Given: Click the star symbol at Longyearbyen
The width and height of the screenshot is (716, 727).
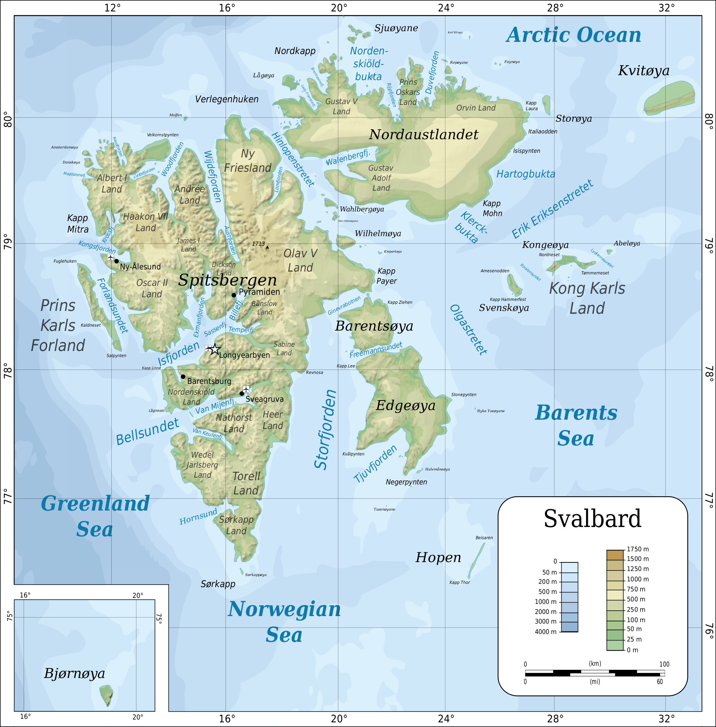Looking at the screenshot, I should (x=214, y=349).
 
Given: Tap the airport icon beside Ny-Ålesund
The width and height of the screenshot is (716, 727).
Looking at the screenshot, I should (x=110, y=257).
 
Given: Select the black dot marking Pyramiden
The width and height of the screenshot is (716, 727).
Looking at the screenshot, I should (x=233, y=295).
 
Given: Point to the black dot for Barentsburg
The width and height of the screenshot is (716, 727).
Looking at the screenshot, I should (x=183, y=377).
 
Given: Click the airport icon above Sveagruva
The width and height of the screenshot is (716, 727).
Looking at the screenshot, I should (x=246, y=389).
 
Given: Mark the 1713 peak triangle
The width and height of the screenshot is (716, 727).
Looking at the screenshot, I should (x=267, y=247).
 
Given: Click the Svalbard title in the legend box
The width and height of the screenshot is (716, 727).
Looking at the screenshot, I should (x=592, y=519).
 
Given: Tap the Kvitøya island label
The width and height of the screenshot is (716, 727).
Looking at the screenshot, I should (x=643, y=71).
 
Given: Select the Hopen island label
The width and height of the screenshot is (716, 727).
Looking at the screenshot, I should (x=438, y=557).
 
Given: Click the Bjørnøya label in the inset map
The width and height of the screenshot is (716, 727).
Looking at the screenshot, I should (x=74, y=673).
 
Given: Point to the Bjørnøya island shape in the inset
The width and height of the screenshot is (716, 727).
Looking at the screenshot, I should (x=106, y=695).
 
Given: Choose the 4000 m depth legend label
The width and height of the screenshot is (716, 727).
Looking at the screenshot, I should (x=545, y=632).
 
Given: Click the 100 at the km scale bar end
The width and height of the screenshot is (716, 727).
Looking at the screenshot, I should (x=664, y=664).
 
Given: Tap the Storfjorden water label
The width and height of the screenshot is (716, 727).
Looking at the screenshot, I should (x=325, y=430).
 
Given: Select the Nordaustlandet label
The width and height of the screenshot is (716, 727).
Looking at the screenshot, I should (x=424, y=135).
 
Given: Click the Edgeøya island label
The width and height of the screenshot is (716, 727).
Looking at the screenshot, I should (x=405, y=406).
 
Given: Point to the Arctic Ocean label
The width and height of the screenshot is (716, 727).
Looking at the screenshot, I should (x=574, y=35).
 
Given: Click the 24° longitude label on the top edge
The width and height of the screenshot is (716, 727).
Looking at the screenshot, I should (x=446, y=8).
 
